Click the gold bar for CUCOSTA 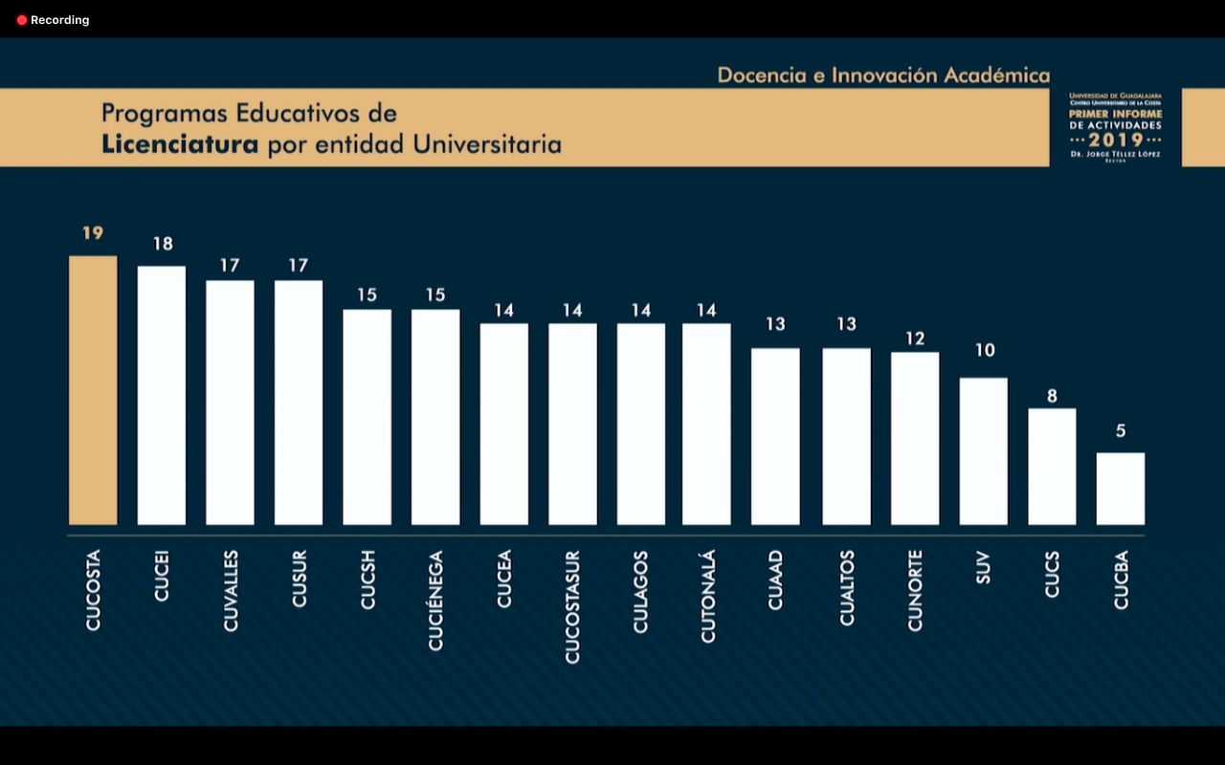(x=93, y=390)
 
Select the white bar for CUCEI (x=162, y=395)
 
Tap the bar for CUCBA (x=1120, y=489)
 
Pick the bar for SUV (x=983, y=451)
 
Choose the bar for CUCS (x=1052, y=467)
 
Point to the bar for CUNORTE (x=915, y=438)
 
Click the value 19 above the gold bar (x=93, y=232)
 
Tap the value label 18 (x=163, y=244)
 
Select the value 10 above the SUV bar (x=985, y=350)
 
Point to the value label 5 (x=1121, y=430)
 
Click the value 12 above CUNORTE (x=916, y=339)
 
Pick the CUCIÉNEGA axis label (x=435, y=601)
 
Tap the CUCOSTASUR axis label (x=572, y=606)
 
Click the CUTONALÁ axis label (x=708, y=597)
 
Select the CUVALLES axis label (x=231, y=591)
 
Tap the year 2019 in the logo (x=1116, y=140)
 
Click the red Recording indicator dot (x=22, y=20)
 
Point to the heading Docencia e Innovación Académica (x=883, y=75)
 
